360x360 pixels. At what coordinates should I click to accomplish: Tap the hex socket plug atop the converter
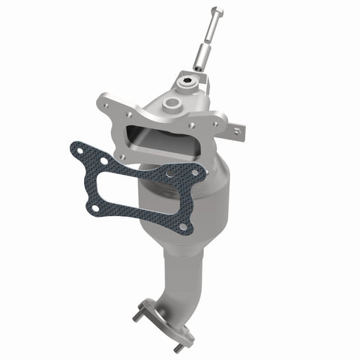187,76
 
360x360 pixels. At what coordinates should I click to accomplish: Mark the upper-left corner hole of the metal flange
107,97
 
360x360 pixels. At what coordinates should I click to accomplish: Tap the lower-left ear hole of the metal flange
121,157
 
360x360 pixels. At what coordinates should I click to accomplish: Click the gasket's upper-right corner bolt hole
196,173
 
